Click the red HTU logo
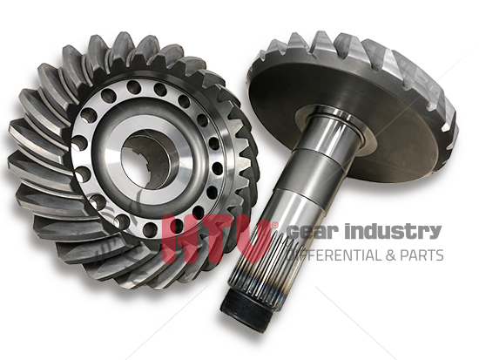[217, 239]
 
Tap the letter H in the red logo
[179, 239]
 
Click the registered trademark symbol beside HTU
[274, 226]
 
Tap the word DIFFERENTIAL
[334, 255]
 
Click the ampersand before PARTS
[391, 255]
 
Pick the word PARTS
[422, 255]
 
